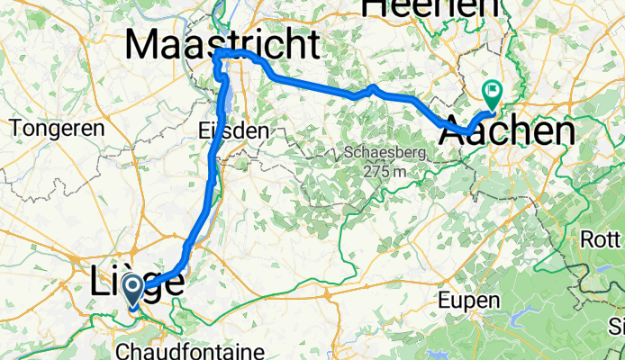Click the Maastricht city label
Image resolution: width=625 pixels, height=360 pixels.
(222, 43)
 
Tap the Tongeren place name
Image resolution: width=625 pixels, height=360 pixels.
(58, 128)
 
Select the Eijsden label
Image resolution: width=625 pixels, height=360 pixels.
(232, 131)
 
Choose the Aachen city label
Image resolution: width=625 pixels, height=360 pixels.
(507, 132)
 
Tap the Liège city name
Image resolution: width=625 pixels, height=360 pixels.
(137, 282)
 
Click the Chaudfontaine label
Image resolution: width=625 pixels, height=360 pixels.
(190, 349)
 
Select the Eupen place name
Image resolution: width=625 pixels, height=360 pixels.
(466, 299)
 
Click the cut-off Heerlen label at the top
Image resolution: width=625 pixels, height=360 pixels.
(430, 8)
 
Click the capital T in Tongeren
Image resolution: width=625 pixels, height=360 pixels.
(16, 128)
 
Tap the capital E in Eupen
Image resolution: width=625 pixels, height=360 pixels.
(446, 299)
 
